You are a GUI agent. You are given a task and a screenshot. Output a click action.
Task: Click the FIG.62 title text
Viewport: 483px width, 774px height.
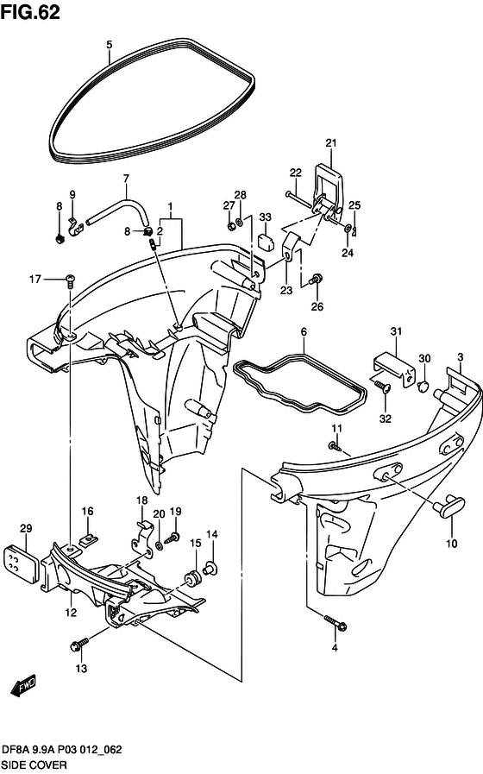pyautogui.click(x=30, y=12)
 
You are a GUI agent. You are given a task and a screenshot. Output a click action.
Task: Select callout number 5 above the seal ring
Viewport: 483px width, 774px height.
pyautogui.click(x=109, y=45)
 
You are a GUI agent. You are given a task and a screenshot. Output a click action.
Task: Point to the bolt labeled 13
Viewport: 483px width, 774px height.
pyautogui.click(x=79, y=644)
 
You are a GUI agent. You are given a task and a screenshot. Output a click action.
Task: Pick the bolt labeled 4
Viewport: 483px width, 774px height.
pyautogui.click(x=336, y=622)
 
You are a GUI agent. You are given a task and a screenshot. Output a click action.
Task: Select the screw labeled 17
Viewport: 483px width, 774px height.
pyautogui.click(x=70, y=280)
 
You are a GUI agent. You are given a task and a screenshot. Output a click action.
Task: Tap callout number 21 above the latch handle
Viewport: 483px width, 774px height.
pyautogui.click(x=331, y=143)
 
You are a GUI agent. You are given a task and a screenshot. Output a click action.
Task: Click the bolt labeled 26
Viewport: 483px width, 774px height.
pyautogui.click(x=316, y=280)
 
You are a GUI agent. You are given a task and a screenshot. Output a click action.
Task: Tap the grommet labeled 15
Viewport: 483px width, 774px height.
pyautogui.click(x=192, y=576)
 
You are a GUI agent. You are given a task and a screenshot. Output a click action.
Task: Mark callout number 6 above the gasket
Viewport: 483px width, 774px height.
pyautogui.click(x=304, y=331)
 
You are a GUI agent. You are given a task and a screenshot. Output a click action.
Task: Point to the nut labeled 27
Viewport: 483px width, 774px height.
pyautogui.click(x=230, y=226)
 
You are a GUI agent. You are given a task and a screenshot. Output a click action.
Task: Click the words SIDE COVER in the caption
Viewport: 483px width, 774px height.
pyautogui.click(x=34, y=765)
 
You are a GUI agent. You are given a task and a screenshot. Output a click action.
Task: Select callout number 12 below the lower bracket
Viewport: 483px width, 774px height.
pyautogui.click(x=71, y=612)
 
